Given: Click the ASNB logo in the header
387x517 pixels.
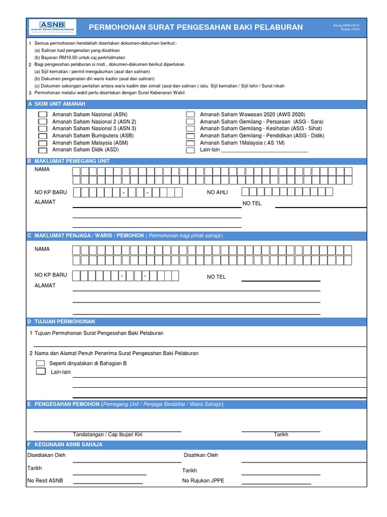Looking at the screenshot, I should pyautogui.click(x=52, y=27).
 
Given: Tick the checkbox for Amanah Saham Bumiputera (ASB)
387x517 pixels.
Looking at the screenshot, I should pyautogui.click(x=43, y=136).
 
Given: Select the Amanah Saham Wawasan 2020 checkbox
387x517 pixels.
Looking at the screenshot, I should pyautogui.click(x=190, y=115).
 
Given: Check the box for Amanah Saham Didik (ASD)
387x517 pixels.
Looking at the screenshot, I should pyautogui.click(x=43, y=150).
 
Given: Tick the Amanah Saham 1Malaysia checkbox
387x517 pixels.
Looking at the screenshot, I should pyautogui.click(x=190, y=143).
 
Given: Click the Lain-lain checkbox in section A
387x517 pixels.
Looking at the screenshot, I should pyautogui.click(x=190, y=150).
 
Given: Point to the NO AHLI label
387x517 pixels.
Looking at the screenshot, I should pyautogui.click(x=218, y=192).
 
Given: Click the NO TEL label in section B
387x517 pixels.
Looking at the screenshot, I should pyautogui.click(x=252, y=203).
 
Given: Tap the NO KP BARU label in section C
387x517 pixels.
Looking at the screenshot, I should pyautogui.click(x=50, y=275).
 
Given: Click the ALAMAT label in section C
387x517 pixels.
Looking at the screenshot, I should pyautogui.click(x=45, y=286).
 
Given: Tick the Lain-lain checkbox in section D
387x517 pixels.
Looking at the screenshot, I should pyautogui.click(x=40, y=372).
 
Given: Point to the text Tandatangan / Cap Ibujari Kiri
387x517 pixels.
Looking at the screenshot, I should pyautogui.click(x=107, y=435).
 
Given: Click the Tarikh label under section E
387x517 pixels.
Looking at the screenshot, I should pyautogui.click(x=281, y=435).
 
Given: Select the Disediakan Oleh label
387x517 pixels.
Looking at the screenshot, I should pyautogui.click(x=46, y=455).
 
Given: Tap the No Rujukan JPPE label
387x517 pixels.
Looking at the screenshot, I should pyautogui.click(x=203, y=481).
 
